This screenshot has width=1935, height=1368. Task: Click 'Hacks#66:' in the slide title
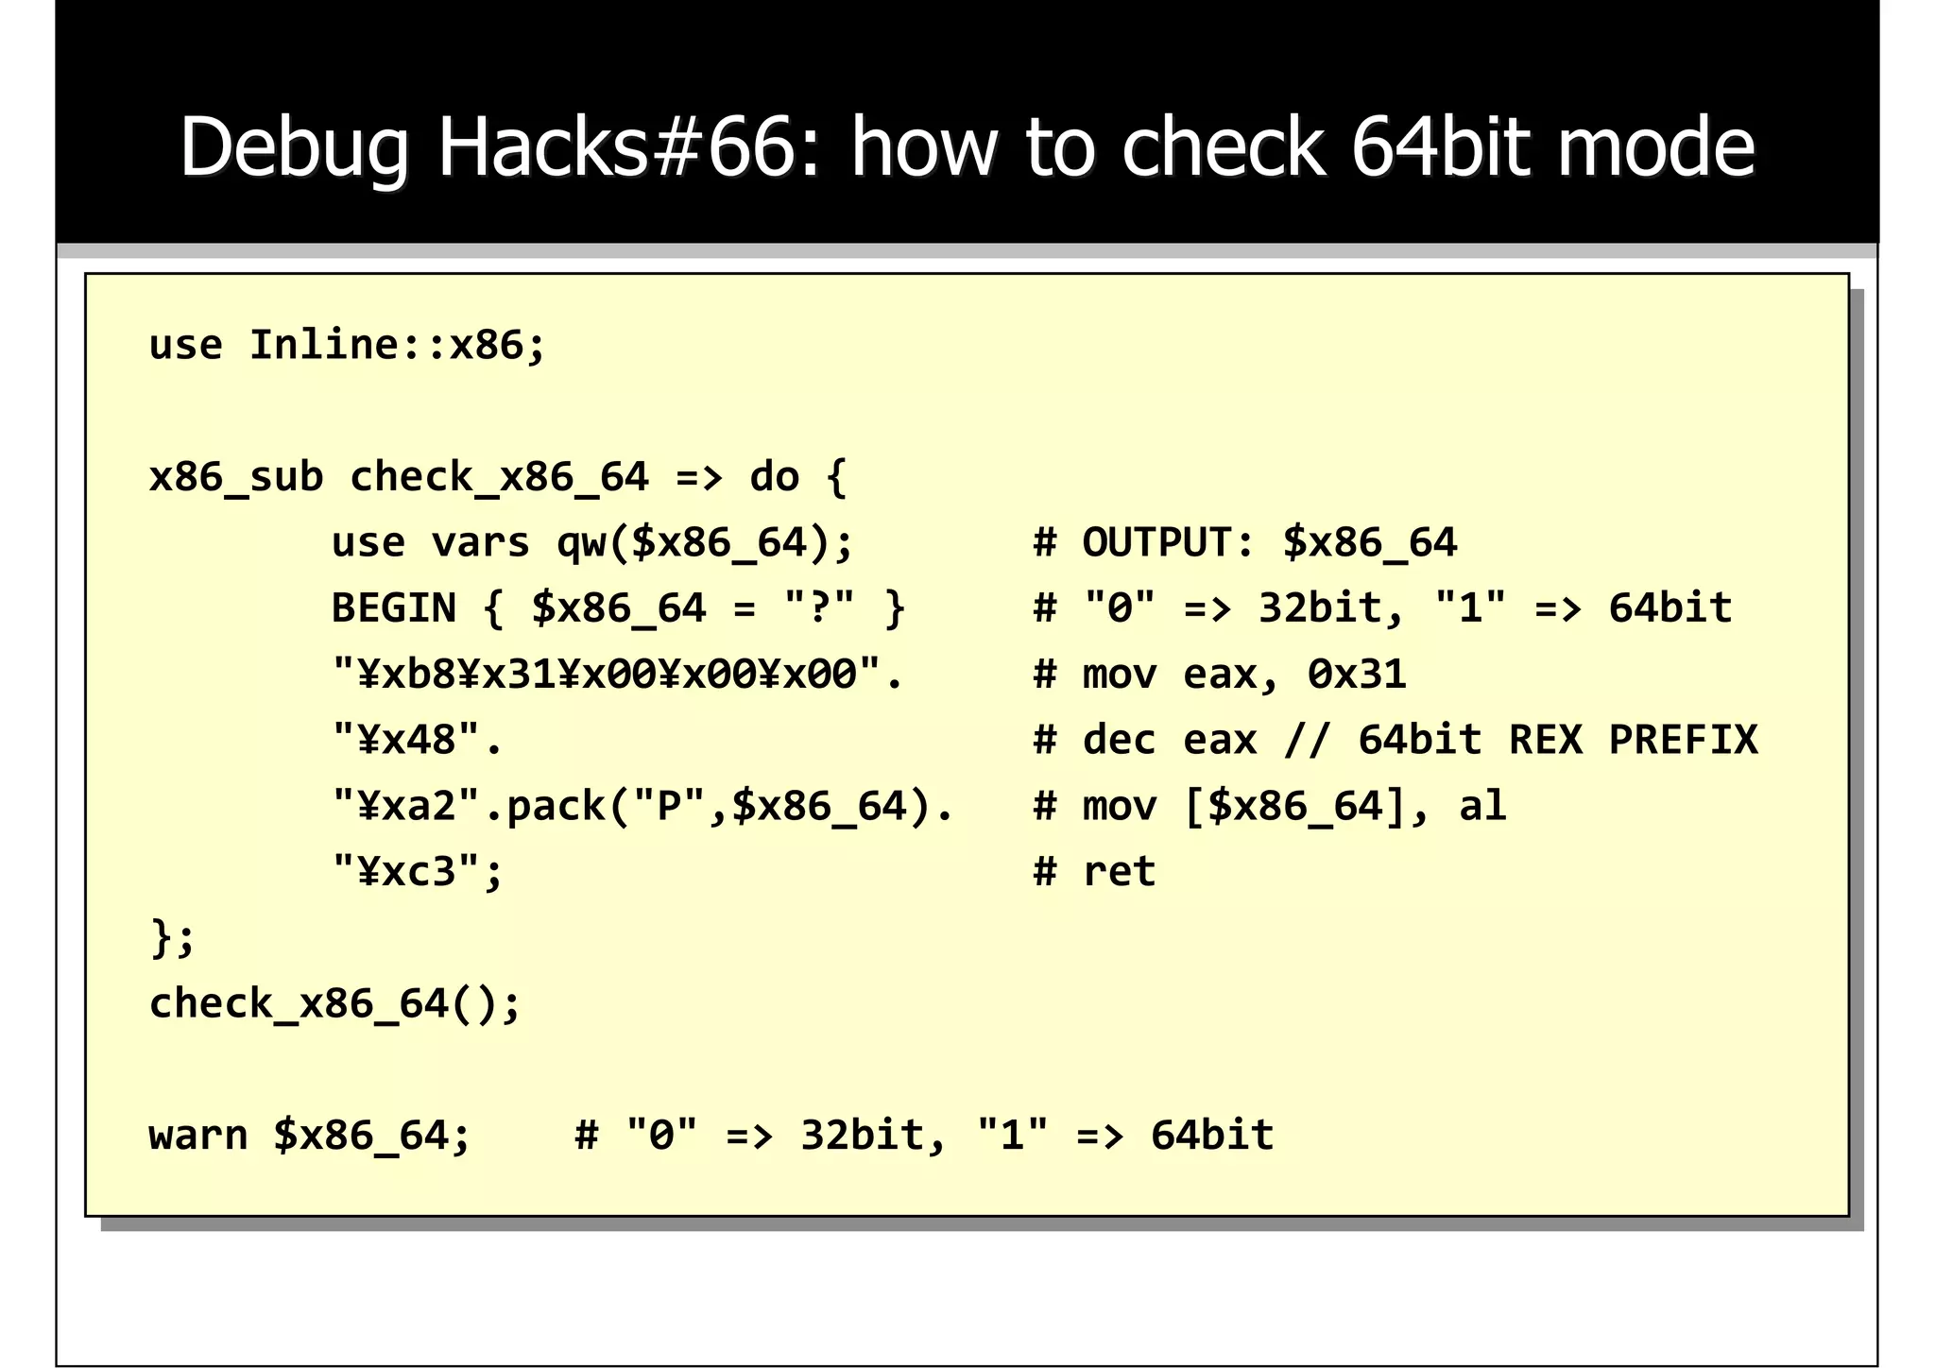[x=615, y=147]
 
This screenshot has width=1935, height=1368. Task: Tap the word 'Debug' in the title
[x=294, y=149]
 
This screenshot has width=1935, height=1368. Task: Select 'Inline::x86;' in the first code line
[x=397, y=345]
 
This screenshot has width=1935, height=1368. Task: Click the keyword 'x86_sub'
[x=236, y=477]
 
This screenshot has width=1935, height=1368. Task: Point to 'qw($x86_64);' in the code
[x=705, y=543]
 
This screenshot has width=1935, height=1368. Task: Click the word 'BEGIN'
[x=393, y=608]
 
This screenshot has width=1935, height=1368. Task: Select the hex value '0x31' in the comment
[x=1357, y=675]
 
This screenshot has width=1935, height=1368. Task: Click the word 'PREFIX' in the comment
[x=1683, y=740]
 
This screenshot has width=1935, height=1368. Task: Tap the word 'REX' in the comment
[x=1545, y=740]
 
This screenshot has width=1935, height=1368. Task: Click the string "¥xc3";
[x=417, y=871]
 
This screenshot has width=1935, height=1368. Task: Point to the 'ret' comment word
[x=1119, y=871]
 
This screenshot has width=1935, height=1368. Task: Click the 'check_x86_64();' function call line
[x=334, y=1003]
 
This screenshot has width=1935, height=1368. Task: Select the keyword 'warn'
[x=198, y=1135]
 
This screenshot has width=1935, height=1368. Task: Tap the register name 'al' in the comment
[x=1482, y=806]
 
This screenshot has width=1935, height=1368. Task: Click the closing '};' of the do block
[x=172, y=938]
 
